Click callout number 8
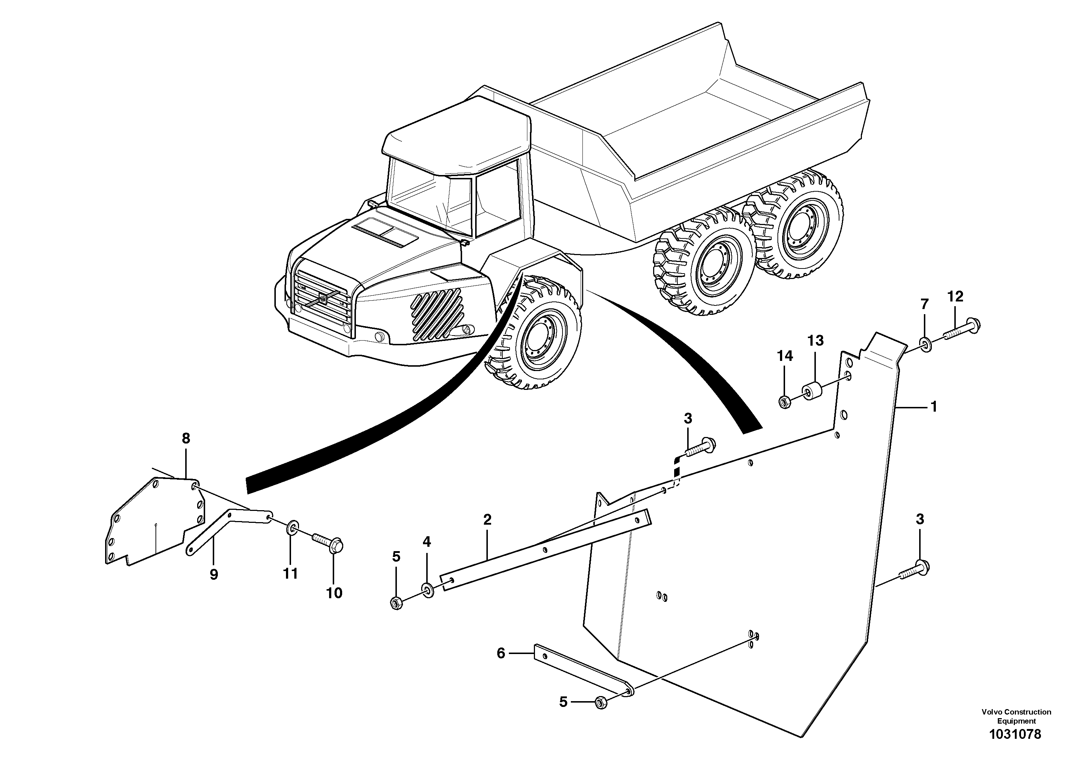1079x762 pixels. pos(186,439)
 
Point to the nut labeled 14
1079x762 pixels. pos(784,402)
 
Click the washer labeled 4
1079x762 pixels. pos(428,590)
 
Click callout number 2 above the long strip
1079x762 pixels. pos(487,520)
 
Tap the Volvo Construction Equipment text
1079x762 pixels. pos(1016,716)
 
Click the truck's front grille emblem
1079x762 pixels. pos(323,298)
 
